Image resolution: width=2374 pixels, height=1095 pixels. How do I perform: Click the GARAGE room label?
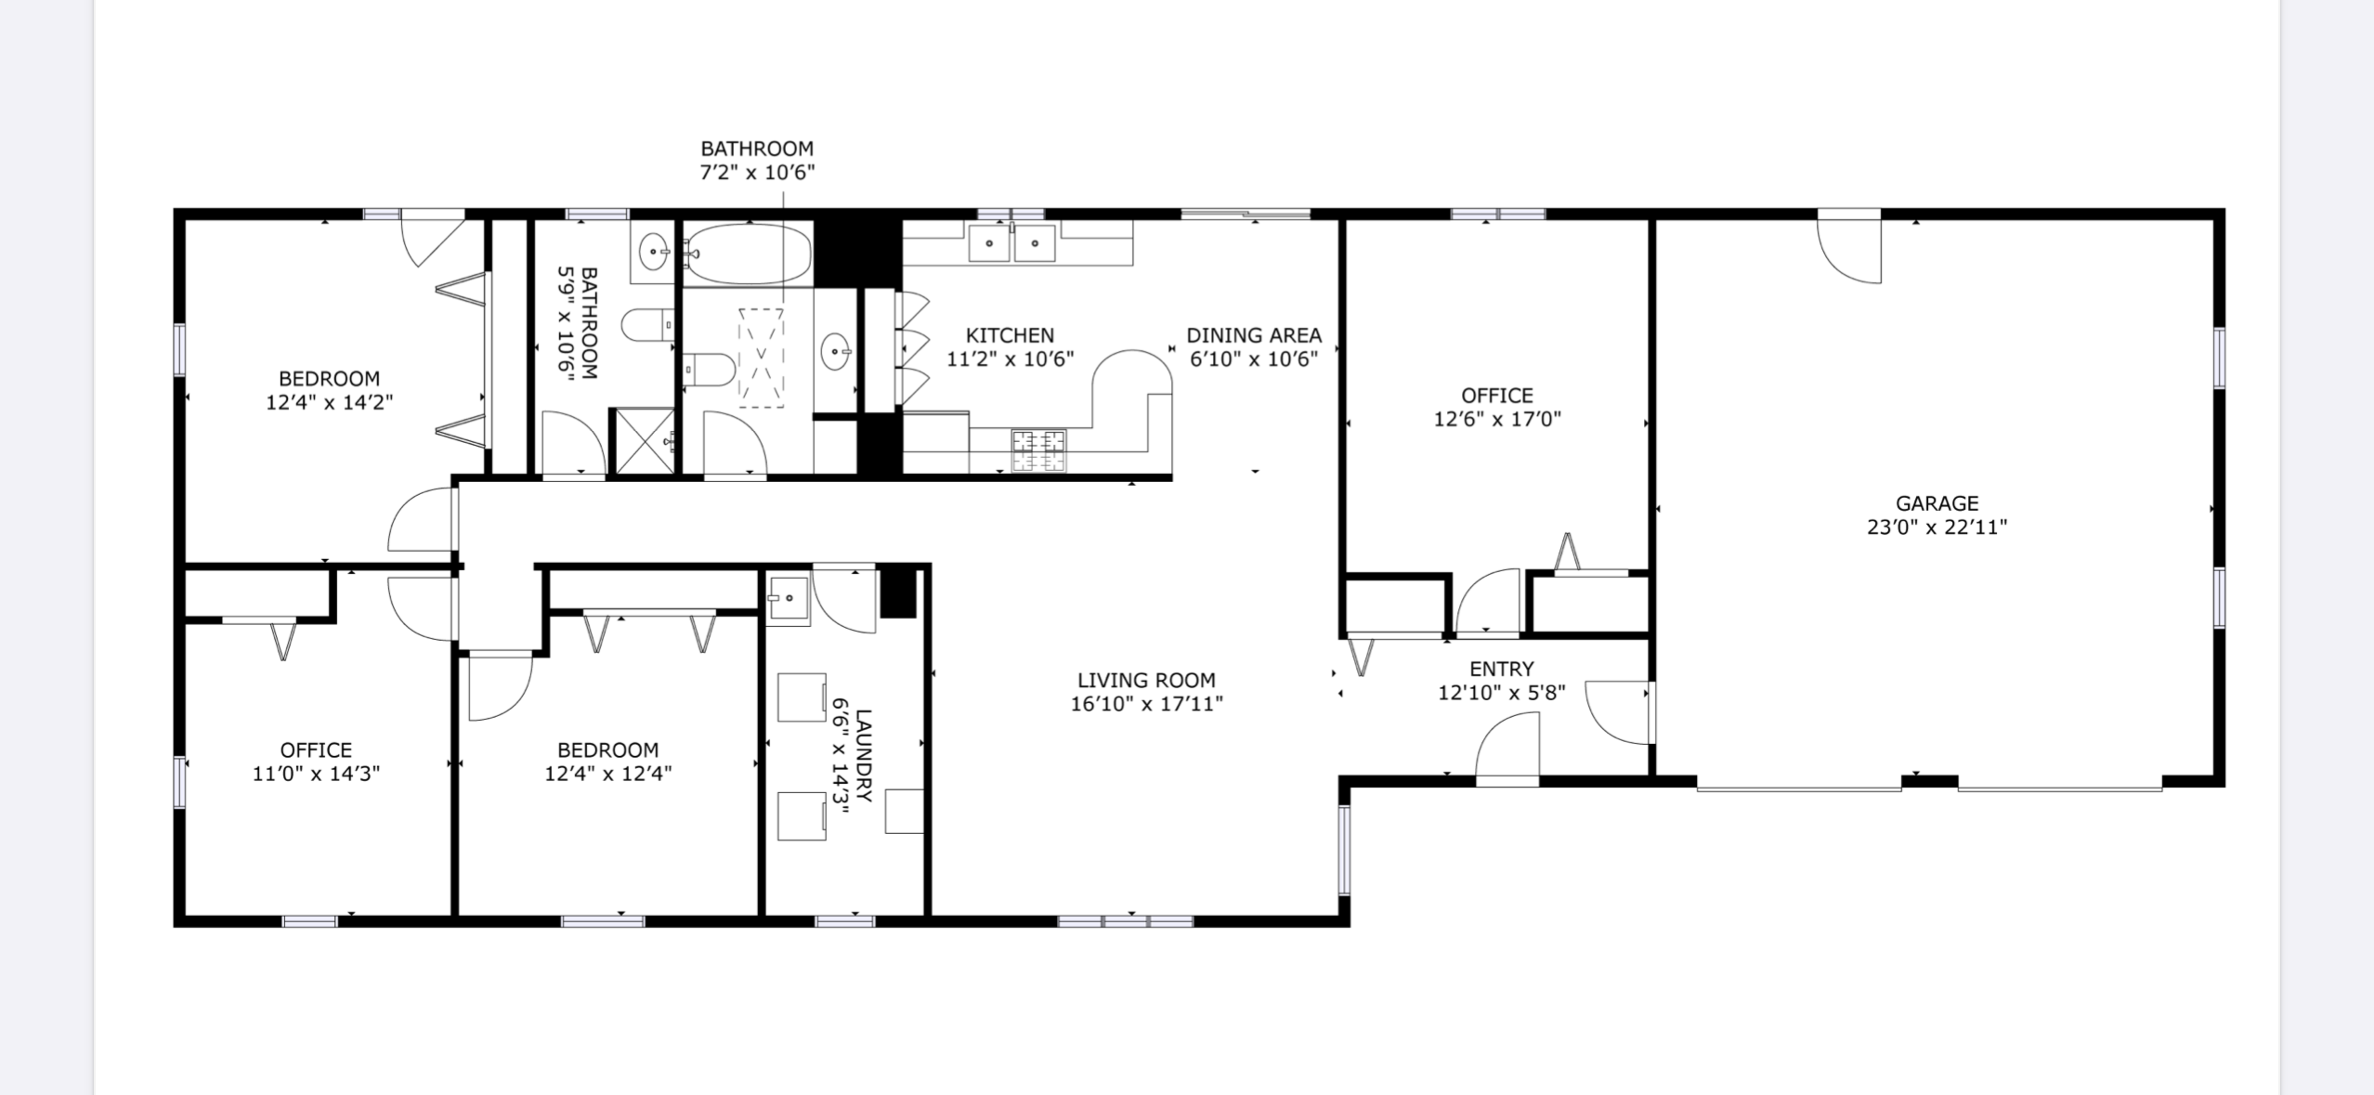1937,503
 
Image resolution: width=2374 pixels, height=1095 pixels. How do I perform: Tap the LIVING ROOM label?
1146,680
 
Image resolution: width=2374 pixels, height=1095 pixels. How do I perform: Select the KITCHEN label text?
1010,335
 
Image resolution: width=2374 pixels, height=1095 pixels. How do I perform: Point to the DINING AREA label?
1254,335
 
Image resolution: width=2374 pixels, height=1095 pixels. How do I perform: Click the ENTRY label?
1501,669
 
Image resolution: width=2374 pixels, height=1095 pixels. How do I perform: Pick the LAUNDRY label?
864,756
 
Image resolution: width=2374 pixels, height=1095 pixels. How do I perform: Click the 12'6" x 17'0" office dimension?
1497,419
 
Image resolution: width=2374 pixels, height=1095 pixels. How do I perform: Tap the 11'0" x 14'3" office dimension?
316,774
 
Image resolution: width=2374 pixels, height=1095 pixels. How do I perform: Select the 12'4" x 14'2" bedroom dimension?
330,402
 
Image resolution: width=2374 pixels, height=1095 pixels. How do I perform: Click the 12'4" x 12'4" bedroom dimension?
608,774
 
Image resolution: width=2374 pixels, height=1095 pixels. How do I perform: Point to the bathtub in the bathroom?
748,254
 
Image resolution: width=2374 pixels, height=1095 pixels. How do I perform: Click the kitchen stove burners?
1038,450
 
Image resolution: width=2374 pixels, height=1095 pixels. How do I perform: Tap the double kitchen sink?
1012,243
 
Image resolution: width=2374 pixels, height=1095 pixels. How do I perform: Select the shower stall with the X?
642,441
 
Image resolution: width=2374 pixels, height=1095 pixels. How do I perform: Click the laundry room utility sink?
788,598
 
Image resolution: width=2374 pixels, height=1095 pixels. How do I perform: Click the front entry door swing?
1507,749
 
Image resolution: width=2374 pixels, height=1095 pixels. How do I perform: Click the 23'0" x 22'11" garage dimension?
1937,528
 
